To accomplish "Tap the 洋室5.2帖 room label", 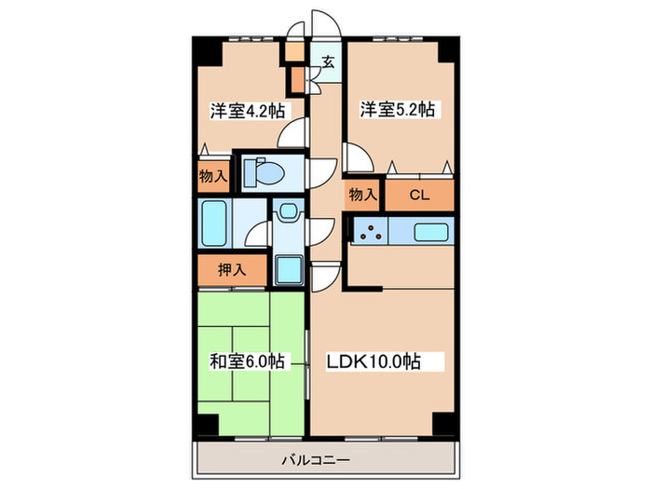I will [x=398, y=110].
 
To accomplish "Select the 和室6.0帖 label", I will [x=247, y=361].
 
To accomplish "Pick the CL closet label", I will [x=418, y=195].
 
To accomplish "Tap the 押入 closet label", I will [x=232, y=271].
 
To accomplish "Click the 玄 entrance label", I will [x=329, y=62].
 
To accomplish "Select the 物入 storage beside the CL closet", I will [x=362, y=195].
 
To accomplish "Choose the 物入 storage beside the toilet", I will [x=212, y=175].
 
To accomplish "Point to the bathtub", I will [x=215, y=224].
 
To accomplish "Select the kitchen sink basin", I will [x=430, y=231].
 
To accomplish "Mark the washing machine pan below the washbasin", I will [x=289, y=270].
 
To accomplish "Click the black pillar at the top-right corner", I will [x=448, y=48].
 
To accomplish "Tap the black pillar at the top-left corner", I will [x=206, y=48].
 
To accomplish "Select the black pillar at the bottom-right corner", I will [x=446, y=423].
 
